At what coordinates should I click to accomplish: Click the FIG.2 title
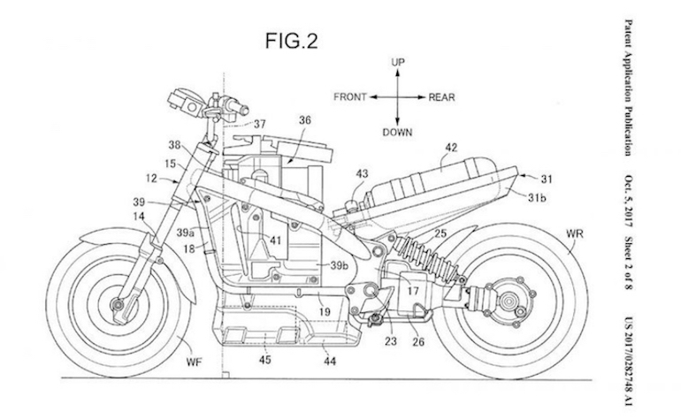point(292,42)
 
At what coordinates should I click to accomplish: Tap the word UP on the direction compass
point(397,63)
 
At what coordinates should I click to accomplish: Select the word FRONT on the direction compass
point(350,97)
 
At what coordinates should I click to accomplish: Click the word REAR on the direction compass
point(441,97)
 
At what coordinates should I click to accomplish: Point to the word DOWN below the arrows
point(397,132)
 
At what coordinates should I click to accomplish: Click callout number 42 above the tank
point(451,148)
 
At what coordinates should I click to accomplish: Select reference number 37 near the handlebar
point(260,124)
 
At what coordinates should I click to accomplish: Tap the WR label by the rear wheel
point(575,234)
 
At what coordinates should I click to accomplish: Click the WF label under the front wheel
point(194,362)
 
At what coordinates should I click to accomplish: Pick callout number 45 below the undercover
point(265,360)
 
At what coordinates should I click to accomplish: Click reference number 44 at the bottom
point(330,361)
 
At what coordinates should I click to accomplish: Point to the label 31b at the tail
point(537,198)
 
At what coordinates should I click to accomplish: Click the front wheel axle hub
point(117,303)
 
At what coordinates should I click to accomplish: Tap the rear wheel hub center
point(508,301)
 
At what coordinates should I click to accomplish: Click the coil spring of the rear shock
point(427,257)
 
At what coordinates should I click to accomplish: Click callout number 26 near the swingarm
point(418,342)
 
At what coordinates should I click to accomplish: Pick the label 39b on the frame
point(340,265)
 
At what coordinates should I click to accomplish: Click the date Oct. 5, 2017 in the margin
point(629,201)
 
